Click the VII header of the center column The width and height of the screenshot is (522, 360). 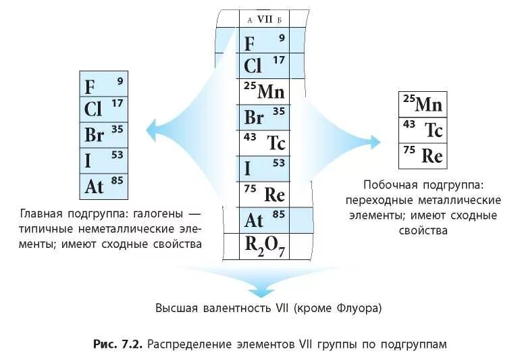pos(264,20)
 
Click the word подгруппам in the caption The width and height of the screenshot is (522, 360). pos(413,344)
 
